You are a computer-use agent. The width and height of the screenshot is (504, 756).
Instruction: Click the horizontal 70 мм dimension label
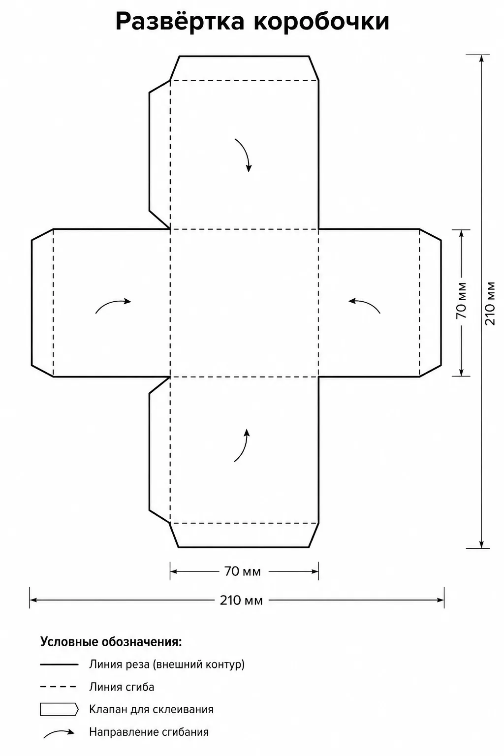242,571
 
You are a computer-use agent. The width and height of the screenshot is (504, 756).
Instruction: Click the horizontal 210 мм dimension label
241,600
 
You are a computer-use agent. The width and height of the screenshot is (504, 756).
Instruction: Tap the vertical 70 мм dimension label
461,300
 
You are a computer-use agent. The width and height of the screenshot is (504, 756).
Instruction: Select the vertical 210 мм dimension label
490,303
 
